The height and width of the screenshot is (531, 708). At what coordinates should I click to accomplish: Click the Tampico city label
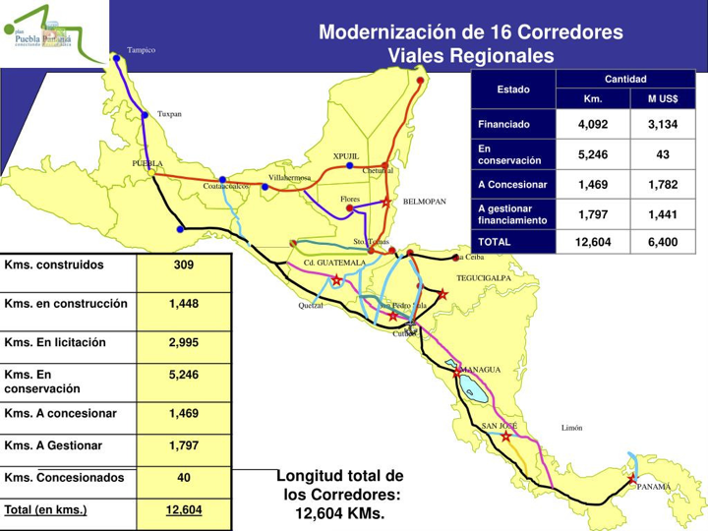[141, 49]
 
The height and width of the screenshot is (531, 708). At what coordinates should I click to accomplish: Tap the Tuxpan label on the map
[170, 114]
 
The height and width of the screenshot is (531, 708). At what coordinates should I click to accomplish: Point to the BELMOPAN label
[424, 201]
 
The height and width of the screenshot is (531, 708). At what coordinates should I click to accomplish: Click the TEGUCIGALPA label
[485, 278]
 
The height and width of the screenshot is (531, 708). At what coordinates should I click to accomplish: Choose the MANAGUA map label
[482, 369]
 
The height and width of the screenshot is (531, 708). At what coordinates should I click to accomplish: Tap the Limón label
[572, 428]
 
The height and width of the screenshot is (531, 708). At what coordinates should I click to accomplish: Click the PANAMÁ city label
[653, 487]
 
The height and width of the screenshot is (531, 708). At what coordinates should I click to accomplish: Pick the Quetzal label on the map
[311, 305]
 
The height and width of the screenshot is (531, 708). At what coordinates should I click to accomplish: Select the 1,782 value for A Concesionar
[662, 184]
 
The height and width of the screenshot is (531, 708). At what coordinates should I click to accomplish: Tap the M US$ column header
[662, 98]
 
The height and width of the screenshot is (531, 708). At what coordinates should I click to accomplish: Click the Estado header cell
[513, 89]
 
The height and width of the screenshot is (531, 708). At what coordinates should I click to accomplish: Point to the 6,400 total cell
[662, 241]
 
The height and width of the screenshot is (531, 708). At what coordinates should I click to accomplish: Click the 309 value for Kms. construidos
[184, 266]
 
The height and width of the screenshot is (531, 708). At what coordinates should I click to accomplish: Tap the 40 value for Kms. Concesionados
[184, 478]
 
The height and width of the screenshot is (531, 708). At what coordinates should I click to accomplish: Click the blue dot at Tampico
[117, 58]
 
